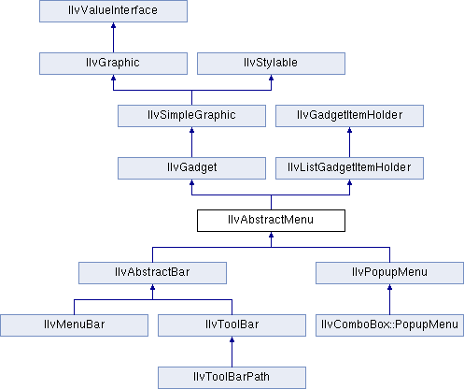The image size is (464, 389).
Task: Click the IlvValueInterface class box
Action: coord(113,11)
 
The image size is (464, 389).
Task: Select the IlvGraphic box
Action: coord(113,64)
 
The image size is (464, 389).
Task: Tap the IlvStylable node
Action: coord(271,64)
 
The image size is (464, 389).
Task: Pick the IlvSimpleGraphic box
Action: coord(191,116)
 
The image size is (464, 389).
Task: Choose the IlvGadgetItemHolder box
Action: coord(349,116)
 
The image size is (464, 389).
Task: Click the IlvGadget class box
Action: coord(191,168)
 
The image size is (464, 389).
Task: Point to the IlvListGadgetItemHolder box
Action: coord(349,168)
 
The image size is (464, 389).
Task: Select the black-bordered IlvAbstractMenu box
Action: coord(271,221)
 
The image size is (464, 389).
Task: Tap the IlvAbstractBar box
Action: coord(152,273)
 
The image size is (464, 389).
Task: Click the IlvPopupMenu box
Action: coord(389,273)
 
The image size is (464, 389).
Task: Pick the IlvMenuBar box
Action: coord(74,325)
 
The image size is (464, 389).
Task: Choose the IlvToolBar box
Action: coord(232,325)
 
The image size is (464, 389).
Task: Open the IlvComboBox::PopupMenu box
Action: coord(389,325)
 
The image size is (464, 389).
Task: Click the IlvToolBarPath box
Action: coord(232,378)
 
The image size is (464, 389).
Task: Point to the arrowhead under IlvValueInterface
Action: coord(113,25)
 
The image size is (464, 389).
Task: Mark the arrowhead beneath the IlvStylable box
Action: coord(271,78)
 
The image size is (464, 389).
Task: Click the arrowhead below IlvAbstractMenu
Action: coord(271,235)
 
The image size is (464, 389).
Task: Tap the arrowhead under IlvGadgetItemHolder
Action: coord(349,130)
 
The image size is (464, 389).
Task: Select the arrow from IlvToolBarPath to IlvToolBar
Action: coord(232,352)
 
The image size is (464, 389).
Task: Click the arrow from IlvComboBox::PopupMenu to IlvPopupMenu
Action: coord(389,299)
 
